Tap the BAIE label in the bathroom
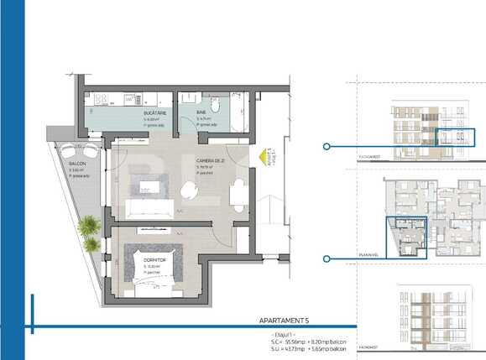tap(202, 112)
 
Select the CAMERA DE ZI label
tap(211, 160)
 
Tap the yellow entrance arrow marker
tap(264, 156)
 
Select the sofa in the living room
tap(150, 207)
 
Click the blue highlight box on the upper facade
tap(457, 138)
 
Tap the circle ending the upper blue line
tap(326, 146)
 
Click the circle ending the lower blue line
tap(326, 259)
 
